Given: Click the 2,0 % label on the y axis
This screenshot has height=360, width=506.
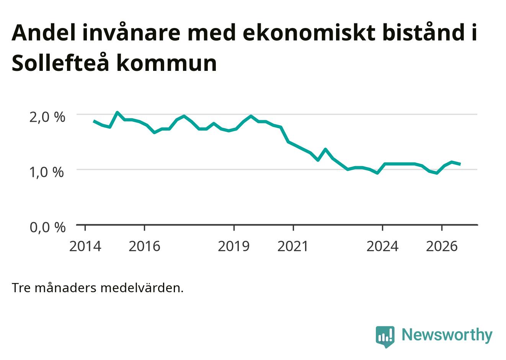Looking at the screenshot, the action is click(x=47, y=117).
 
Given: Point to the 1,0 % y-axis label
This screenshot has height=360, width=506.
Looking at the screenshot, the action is click(x=47, y=172).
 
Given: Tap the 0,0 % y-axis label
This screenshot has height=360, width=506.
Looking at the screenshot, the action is click(x=48, y=227).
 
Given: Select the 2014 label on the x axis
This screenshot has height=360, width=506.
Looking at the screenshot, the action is click(x=85, y=246).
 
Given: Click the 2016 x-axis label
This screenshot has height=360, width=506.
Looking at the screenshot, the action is click(x=145, y=246).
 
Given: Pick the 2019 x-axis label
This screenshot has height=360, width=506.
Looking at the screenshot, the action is click(x=234, y=246).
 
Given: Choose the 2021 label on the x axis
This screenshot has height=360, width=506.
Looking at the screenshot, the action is click(x=293, y=246).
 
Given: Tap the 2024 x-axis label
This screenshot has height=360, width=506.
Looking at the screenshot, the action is click(x=382, y=246).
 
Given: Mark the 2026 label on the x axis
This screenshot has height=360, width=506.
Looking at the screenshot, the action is click(x=442, y=246).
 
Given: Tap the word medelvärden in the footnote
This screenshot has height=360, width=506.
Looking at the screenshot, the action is click(x=142, y=288).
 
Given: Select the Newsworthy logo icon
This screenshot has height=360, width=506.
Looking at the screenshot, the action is click(x=385, y=337).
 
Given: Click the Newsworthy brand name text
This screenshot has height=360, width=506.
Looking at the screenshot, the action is click(x=447, y=335).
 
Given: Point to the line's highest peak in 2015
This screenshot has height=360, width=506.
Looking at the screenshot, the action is click(x=117, y=112).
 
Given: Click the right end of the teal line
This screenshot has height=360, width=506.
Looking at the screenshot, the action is click(x=460, y=164).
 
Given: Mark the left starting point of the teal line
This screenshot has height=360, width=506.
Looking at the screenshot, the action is click(x=94, y=121).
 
